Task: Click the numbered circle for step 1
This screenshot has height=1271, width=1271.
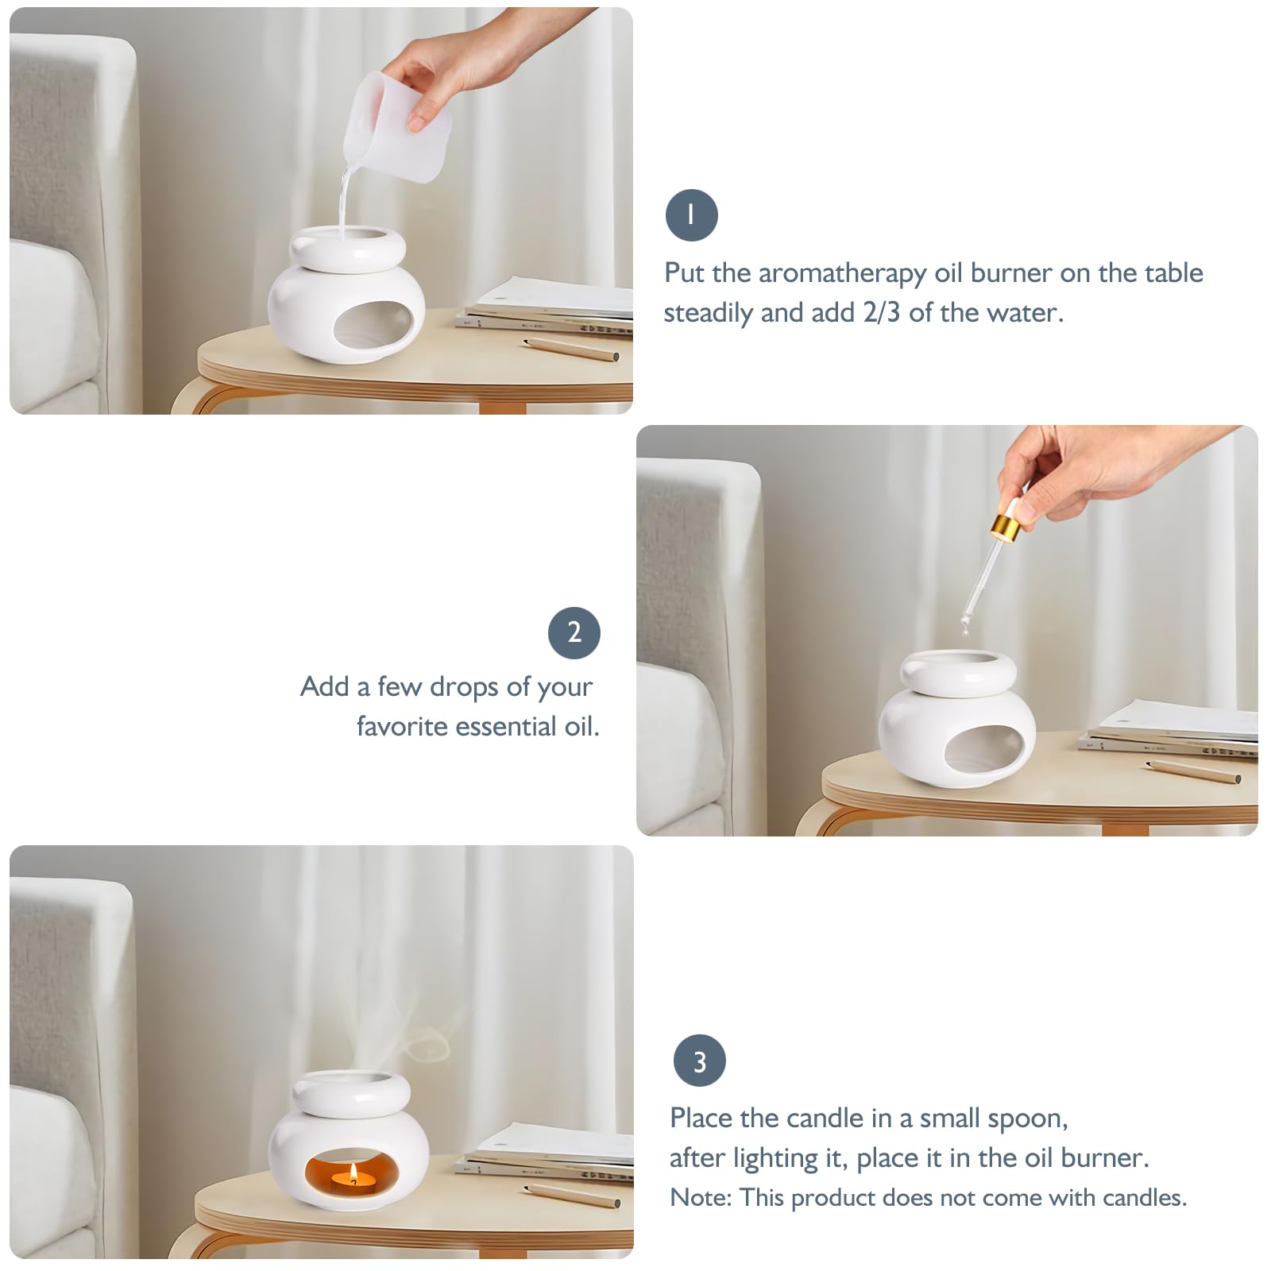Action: pos(691,215)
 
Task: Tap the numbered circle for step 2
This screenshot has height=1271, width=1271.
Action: pos(574,632)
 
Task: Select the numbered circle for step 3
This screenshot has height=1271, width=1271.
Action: pos(700,1060)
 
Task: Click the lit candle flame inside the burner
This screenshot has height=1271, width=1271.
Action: pos(353,1173)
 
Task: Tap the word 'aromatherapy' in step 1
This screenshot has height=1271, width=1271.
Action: pos(842,273)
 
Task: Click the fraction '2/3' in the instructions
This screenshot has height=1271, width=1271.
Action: pos(882,312)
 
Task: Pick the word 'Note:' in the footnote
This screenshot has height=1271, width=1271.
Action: pos(701,1198)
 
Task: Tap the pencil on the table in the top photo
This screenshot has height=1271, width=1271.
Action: pos(571,348)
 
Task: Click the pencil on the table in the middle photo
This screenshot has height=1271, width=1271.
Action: pos(1194,770)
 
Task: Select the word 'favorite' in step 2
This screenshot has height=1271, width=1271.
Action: pos(402,726)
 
